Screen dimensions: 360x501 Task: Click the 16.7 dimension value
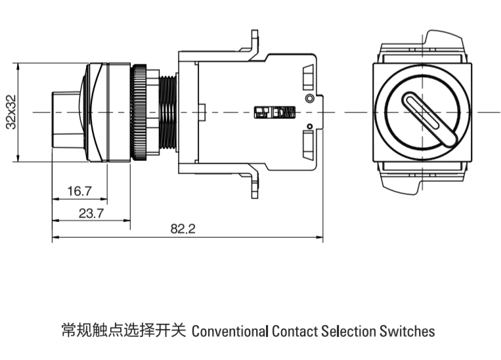coord(79,191)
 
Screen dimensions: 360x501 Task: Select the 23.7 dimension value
coord(91,213)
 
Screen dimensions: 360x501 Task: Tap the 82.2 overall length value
coord(183,229)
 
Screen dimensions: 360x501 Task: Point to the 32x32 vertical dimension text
coord(11,112)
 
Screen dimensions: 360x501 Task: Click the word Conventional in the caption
coord(230,330)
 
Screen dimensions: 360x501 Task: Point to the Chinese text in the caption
coord(124,330)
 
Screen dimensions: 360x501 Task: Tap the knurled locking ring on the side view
coord(139,112)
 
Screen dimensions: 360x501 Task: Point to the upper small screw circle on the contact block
coord(309,98)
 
